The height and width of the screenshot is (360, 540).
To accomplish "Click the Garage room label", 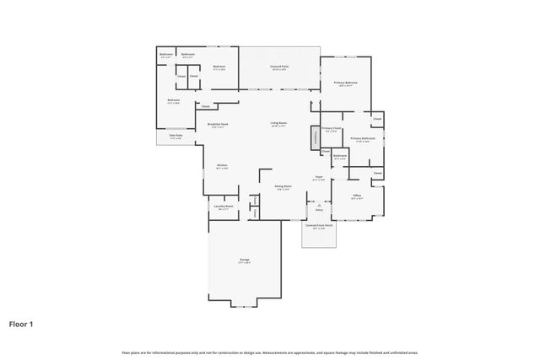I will click(x=244, y=260).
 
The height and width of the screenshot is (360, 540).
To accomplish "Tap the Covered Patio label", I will click(x=279, y=67).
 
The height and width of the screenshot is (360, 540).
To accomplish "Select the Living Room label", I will click(x=278, y=125).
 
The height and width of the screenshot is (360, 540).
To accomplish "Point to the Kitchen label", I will click(x=222, y=166).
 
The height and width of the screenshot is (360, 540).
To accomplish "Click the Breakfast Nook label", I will click(x=219, y=125).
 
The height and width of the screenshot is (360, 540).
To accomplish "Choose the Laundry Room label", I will click(x=223, y=207).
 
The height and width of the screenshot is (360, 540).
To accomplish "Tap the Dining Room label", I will click(x=283, y=187).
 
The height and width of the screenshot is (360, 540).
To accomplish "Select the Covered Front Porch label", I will click(x=318, y=226).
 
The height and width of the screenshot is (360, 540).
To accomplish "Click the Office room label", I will click(x=357, y=196).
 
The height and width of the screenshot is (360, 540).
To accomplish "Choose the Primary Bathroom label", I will click(x=363, y=139).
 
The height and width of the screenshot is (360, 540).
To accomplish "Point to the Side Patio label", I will click(x=175, y=137).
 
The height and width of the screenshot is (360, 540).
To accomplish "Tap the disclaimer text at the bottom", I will click(x=269, y=352).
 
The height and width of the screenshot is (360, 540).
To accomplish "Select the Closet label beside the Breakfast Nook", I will click(x=205, y=106).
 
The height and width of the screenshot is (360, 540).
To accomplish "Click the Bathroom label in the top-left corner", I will click(x=165, y=56).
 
